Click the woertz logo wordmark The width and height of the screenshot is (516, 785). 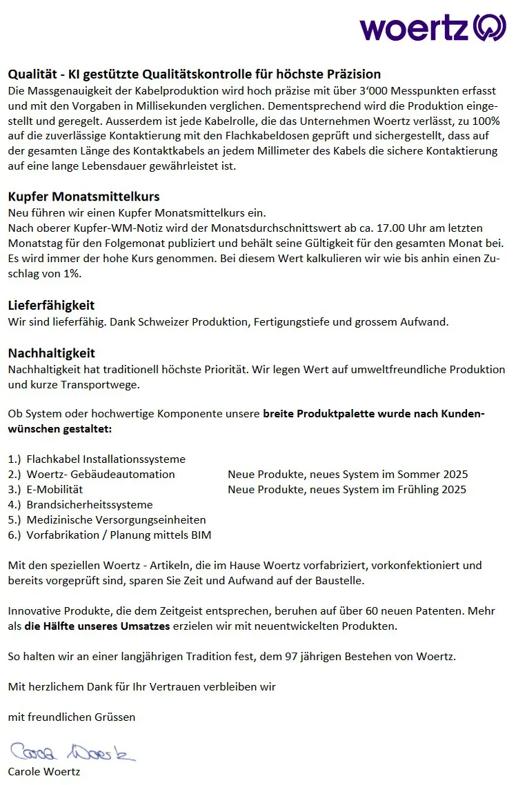415,28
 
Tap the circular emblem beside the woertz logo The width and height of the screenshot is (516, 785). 490,28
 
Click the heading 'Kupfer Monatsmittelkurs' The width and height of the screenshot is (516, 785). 83,197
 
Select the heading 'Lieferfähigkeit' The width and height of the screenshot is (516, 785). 51,305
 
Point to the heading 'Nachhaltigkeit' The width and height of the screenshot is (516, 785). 51,353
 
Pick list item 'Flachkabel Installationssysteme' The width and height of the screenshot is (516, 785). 106,459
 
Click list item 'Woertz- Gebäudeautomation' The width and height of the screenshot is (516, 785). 101,474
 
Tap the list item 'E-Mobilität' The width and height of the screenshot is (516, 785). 54,489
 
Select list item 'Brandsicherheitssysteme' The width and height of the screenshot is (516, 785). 90,504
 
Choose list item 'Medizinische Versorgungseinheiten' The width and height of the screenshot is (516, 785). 116,519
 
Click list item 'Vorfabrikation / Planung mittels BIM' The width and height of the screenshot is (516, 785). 119,535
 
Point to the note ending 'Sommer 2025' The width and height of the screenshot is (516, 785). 348,474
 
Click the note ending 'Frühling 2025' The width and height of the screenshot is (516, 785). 347,489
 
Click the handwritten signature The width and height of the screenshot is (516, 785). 72,751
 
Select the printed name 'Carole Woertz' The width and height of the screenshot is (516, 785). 44,771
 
